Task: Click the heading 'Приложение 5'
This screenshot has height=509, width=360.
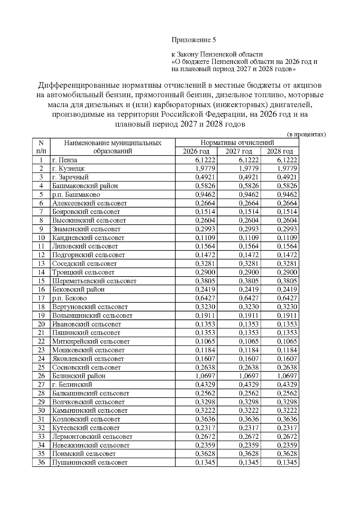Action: point(193,40)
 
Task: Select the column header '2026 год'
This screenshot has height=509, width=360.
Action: point(196,151)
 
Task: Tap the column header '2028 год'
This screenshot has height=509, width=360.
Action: point(280,151)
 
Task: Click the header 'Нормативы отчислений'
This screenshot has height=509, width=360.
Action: point(237,143)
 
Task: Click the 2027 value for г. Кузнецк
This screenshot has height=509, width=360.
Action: point(249,169)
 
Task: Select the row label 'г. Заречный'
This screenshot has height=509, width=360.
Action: point(70,177)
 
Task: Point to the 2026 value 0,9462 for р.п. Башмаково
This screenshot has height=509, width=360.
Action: point(205,194)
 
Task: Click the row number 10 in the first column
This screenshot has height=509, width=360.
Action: point(41,238)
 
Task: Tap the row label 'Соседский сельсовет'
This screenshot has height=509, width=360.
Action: point(84,264)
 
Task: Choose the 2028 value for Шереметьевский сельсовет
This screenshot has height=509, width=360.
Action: point(287,281)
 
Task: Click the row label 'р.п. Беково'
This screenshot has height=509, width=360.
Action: point(69,298)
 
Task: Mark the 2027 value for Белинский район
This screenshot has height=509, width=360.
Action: point(249,376)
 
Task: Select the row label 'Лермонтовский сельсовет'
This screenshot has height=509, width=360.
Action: point(92,436)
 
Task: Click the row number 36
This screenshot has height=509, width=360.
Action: point(41,462)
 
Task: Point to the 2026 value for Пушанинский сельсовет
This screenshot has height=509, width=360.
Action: point(205,462)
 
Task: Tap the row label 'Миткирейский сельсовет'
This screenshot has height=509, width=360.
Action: point(91,341)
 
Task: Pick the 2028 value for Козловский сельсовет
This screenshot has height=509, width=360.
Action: point(287,419)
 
